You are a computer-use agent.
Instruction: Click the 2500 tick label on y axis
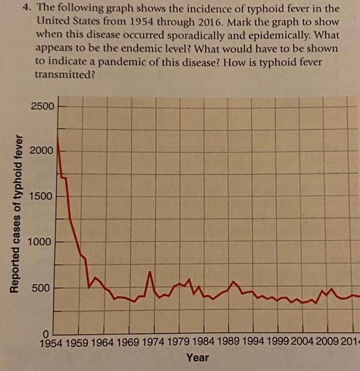42,106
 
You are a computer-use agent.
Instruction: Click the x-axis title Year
197,358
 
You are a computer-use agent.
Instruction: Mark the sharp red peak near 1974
150,272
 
